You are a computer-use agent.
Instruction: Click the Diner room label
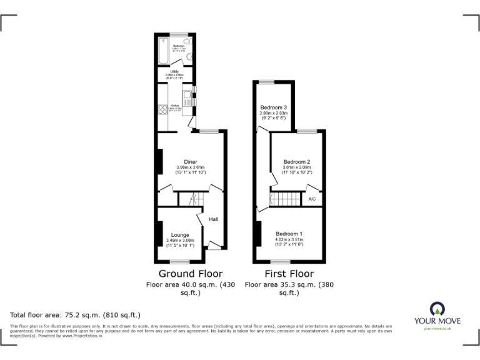(x=191, y=161)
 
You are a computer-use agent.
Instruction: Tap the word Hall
(x=213, y=219)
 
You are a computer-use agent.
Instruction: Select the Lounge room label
(x=181, y=234)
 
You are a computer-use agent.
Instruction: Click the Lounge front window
(x=181, y=261)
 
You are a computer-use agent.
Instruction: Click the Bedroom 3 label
(x=273, y=107)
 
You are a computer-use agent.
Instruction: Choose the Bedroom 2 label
(x=297, y=161)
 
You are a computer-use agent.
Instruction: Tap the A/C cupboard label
(x=312, y=199)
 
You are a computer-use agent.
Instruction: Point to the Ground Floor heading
(x=190, y=274)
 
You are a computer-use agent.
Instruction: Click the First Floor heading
(x=289, y=274)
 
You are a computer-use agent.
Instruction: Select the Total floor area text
(x=76, y=315)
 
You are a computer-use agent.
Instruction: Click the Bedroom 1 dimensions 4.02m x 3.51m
(x=289, y=240)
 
